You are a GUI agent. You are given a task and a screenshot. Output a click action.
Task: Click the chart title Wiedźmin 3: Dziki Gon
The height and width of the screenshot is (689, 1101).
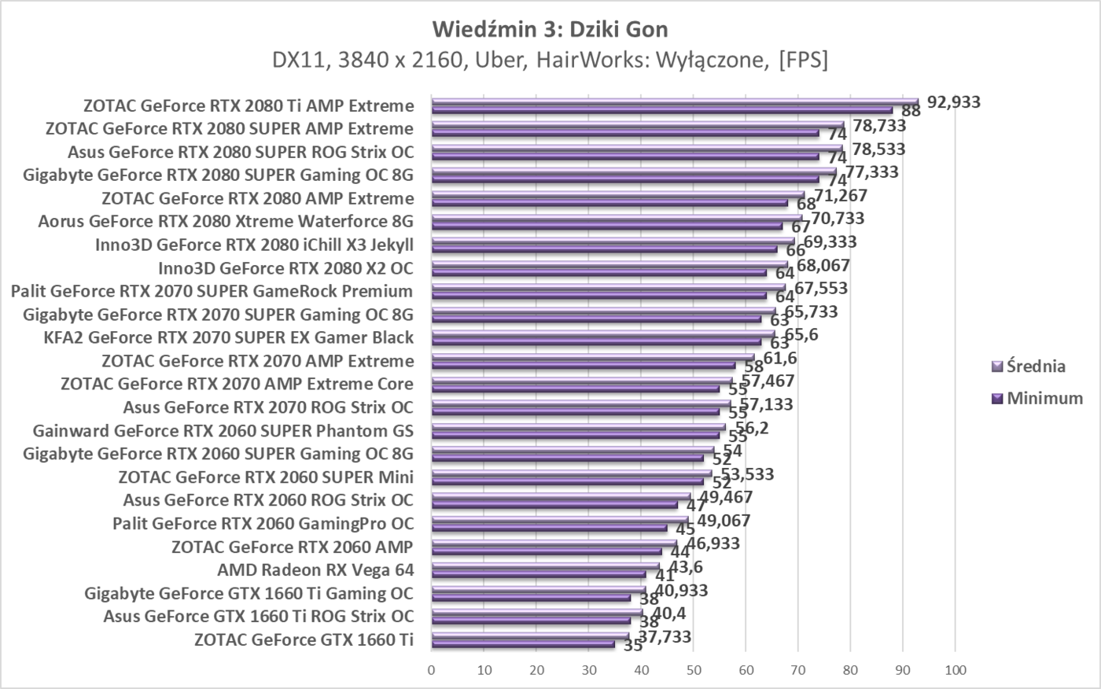[550, 29]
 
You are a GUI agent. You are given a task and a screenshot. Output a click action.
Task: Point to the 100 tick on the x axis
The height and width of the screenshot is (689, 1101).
[955, 670]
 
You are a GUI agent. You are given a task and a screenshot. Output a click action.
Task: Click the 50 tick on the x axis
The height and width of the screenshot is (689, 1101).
[693, 670]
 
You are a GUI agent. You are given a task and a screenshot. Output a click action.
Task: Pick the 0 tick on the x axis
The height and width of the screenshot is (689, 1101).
[431, 670]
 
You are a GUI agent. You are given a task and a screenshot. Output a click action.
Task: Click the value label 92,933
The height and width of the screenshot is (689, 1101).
[954, 101]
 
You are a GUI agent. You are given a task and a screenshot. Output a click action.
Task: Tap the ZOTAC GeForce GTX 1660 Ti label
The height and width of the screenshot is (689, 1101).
[304, 639]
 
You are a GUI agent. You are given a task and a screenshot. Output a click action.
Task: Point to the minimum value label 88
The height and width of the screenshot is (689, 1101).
[911, 112]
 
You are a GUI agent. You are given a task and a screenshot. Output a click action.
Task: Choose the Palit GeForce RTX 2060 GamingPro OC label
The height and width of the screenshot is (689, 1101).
[263, 523]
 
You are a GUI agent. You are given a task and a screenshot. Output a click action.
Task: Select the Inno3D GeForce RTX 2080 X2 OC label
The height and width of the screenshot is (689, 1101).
[285, 267]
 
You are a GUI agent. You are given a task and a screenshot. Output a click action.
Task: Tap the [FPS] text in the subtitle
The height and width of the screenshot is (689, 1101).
[802, 60]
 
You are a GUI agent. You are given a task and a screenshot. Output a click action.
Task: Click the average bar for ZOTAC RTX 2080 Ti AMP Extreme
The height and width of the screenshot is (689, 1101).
[674, 101]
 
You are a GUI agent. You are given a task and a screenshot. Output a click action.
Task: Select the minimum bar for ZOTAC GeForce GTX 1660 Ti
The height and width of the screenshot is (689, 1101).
[523, 644]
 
